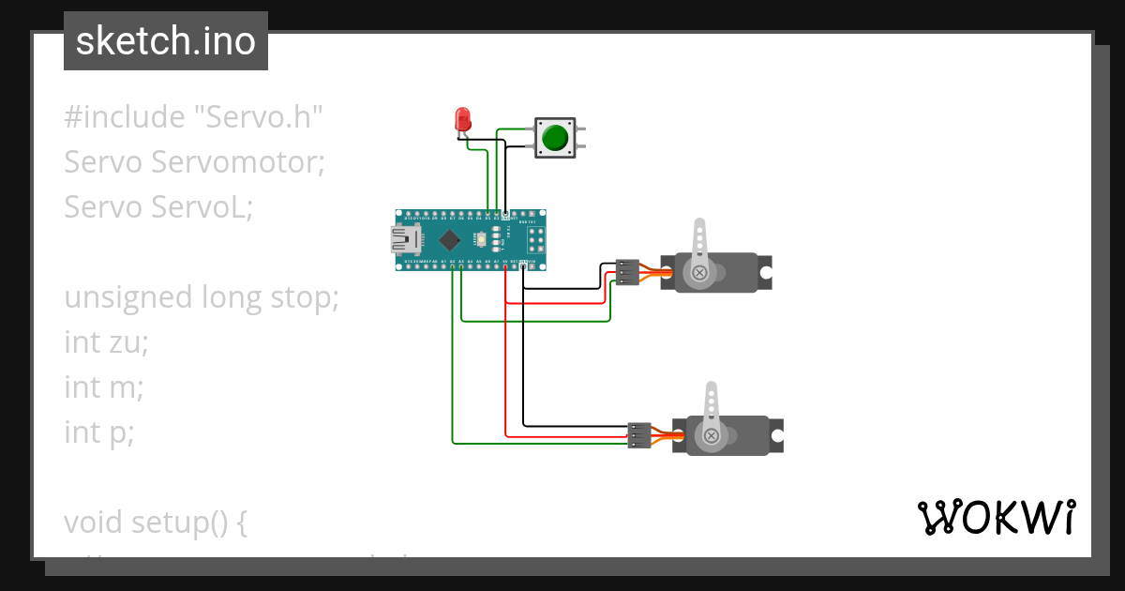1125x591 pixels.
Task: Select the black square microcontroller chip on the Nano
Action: (x=450, y=239)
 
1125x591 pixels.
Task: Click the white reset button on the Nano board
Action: (x=481, y=239)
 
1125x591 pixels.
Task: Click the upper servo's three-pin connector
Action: (x=627, y=272)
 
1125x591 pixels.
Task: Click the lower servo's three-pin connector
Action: (x=639, y=435)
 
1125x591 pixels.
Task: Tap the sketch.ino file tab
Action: (x=166, y=40)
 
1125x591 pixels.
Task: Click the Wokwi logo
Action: (x=996, y=517)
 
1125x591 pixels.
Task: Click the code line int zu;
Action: (x=106, y=342)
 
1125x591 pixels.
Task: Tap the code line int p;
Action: (x=99, y=432)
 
